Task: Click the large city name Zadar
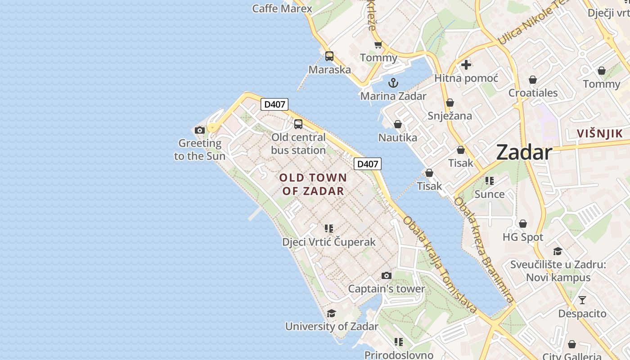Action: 524,153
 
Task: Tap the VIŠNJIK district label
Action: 600,134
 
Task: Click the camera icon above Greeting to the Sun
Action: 200,130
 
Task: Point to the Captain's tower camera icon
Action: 386,275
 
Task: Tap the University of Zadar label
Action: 332,326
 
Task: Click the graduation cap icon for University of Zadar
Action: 331,313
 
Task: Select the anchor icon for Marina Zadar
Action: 393,83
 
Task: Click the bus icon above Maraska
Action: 329,56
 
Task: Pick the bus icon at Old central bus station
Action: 298,124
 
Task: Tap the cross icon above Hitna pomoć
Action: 466,65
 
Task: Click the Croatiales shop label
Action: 533,93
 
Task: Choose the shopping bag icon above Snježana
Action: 450,103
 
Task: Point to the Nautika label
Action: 397,138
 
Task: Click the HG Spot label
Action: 522,237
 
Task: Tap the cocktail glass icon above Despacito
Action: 582,300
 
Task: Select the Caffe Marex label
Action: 282,9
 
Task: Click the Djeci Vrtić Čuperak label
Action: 328,242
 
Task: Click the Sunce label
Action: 489,194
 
